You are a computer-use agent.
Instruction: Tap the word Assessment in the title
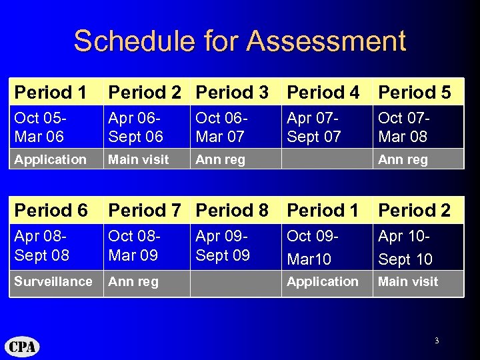pos(326,41)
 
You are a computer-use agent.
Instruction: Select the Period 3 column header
pos(232,92)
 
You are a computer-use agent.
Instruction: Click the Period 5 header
pos(414,92)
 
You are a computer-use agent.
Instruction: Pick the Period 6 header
pos(51,210)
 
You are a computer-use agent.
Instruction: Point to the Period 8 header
pos(232,210)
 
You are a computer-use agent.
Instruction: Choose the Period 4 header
pos(323,92)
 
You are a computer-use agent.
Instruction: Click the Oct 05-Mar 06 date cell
pos(41,127)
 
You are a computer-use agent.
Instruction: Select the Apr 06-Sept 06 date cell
pos(135,127)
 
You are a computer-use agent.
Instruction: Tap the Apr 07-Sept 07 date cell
pos(313,127)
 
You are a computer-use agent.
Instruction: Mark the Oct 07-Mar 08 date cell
pos(403,127)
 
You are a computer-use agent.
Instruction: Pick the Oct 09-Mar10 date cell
pos(312,247)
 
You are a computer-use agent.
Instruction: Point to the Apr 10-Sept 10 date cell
pos(405,247)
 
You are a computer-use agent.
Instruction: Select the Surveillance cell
pos(53,281)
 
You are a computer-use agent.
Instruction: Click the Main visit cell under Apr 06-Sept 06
pos(139,159)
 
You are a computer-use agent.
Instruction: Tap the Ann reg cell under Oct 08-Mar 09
pos(133,282)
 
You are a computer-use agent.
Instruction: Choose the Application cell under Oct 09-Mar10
pos(323,282)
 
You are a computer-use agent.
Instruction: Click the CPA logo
pos(23,347)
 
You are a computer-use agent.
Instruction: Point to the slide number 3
pos(436,341)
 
